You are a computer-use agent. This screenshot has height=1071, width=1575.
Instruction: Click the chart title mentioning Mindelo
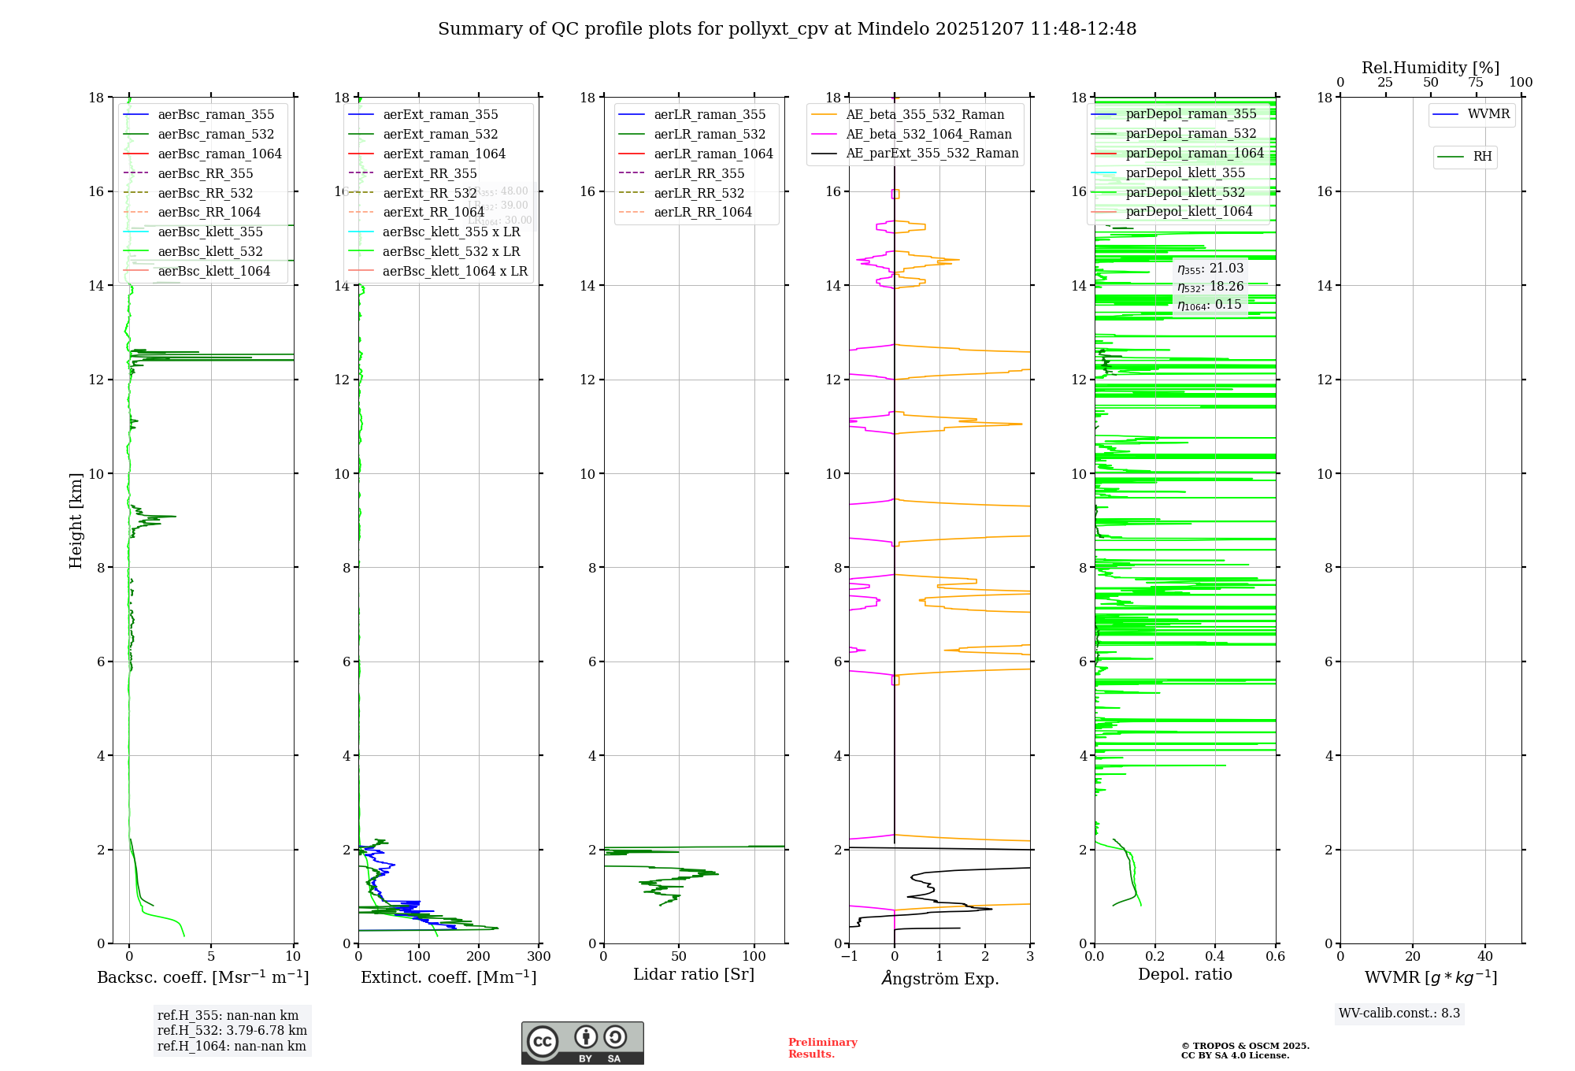pos(787,29)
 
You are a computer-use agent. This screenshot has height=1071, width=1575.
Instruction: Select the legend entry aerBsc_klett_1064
pos(213,271)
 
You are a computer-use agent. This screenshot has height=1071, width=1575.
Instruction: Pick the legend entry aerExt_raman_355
pos(440,115)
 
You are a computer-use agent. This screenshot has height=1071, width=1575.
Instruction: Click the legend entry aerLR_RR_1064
pos(702,212)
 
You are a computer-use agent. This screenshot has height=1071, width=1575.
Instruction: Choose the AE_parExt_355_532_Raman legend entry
pos(932,154)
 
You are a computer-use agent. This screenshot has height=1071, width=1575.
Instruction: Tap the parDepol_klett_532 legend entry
pos(1185,192)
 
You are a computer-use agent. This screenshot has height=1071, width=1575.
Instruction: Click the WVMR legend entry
pos(1488,114)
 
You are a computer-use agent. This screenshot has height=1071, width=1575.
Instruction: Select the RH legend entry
pos(1482,157)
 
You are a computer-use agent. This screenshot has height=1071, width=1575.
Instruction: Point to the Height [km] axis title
pos(76,520)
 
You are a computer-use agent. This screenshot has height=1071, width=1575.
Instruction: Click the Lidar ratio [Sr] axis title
pos(694,974)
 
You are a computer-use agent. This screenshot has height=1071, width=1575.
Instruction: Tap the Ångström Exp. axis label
pos(939,979)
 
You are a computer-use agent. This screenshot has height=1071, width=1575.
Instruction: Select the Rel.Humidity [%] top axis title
pos(1430,68)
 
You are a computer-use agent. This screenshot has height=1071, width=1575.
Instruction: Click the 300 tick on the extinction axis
pos(539,957)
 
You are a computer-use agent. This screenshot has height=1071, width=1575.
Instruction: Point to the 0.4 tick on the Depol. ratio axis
pos(1215,957)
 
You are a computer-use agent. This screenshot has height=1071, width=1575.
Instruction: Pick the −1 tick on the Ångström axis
pos(849,957)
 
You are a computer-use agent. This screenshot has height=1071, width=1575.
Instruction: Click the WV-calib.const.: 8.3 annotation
pos(1399,1014)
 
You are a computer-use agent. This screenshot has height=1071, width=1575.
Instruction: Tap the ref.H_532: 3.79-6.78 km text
pos(232,1031)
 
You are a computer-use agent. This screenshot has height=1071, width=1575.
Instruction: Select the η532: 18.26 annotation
pos(1210,287)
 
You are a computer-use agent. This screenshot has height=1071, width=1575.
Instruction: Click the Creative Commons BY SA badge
pos(582,1043)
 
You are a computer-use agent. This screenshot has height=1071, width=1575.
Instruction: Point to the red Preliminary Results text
pos(822,1048)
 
